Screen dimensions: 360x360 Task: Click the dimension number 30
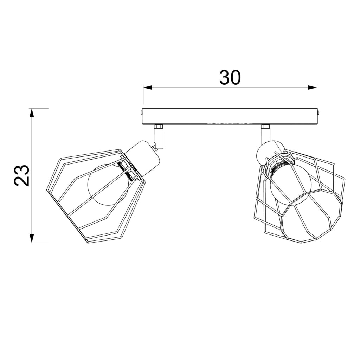(230, 77)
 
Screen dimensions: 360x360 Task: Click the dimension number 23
(22, 175)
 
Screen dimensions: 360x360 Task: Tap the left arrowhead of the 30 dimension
(148, 88)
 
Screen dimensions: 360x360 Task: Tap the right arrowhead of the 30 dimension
(313, 88)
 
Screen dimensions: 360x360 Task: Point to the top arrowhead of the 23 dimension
(32, 113)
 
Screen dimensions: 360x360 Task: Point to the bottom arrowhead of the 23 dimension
(32, 238)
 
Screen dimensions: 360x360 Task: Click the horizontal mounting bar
(230, 116)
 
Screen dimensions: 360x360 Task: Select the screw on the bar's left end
(141, 113)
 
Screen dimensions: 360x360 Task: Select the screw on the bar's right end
(319, 113)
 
